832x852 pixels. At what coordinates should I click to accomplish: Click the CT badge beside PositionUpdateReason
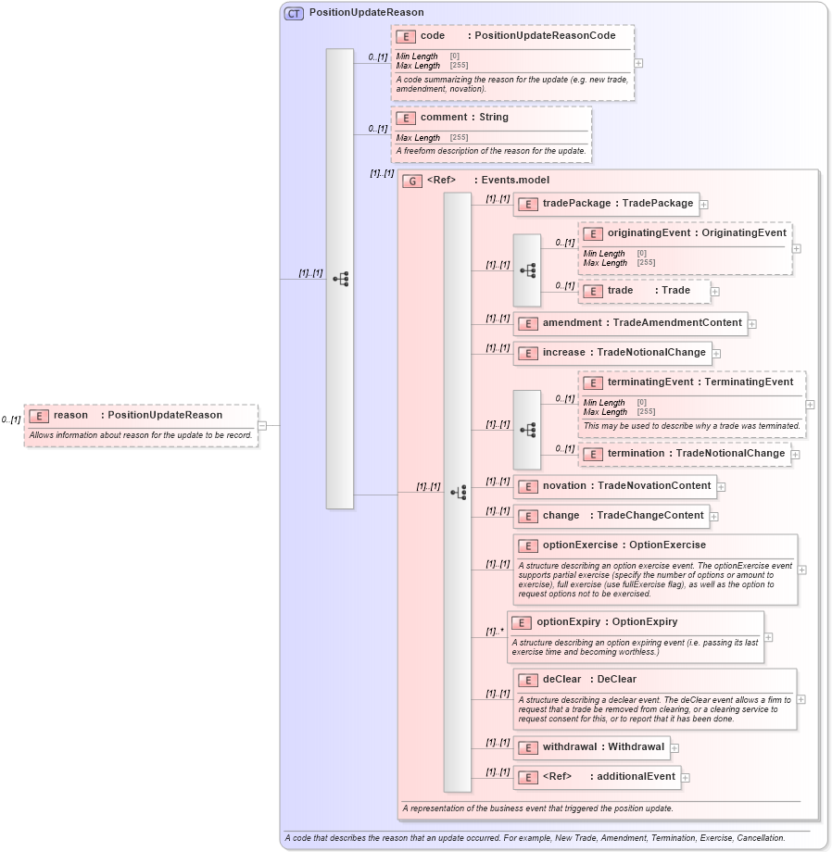pos(294,13)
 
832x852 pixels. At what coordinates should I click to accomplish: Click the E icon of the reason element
pos(39,416)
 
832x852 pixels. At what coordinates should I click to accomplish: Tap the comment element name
pos(439,118)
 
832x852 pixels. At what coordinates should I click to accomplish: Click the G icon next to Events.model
pos(412,182)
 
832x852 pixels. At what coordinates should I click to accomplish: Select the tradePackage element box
pos(606,204)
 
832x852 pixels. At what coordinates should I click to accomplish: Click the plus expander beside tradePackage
pos(704,205)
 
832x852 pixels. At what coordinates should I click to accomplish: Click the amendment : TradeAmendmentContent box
pos(630,323)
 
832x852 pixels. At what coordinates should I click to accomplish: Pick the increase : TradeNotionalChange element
pos(612,353)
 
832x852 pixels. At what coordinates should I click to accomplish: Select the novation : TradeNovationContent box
pos(614,485)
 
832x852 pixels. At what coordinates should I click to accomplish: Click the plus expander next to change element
pos(714,516)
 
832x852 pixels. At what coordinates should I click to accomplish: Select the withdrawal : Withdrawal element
pos(591,747)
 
